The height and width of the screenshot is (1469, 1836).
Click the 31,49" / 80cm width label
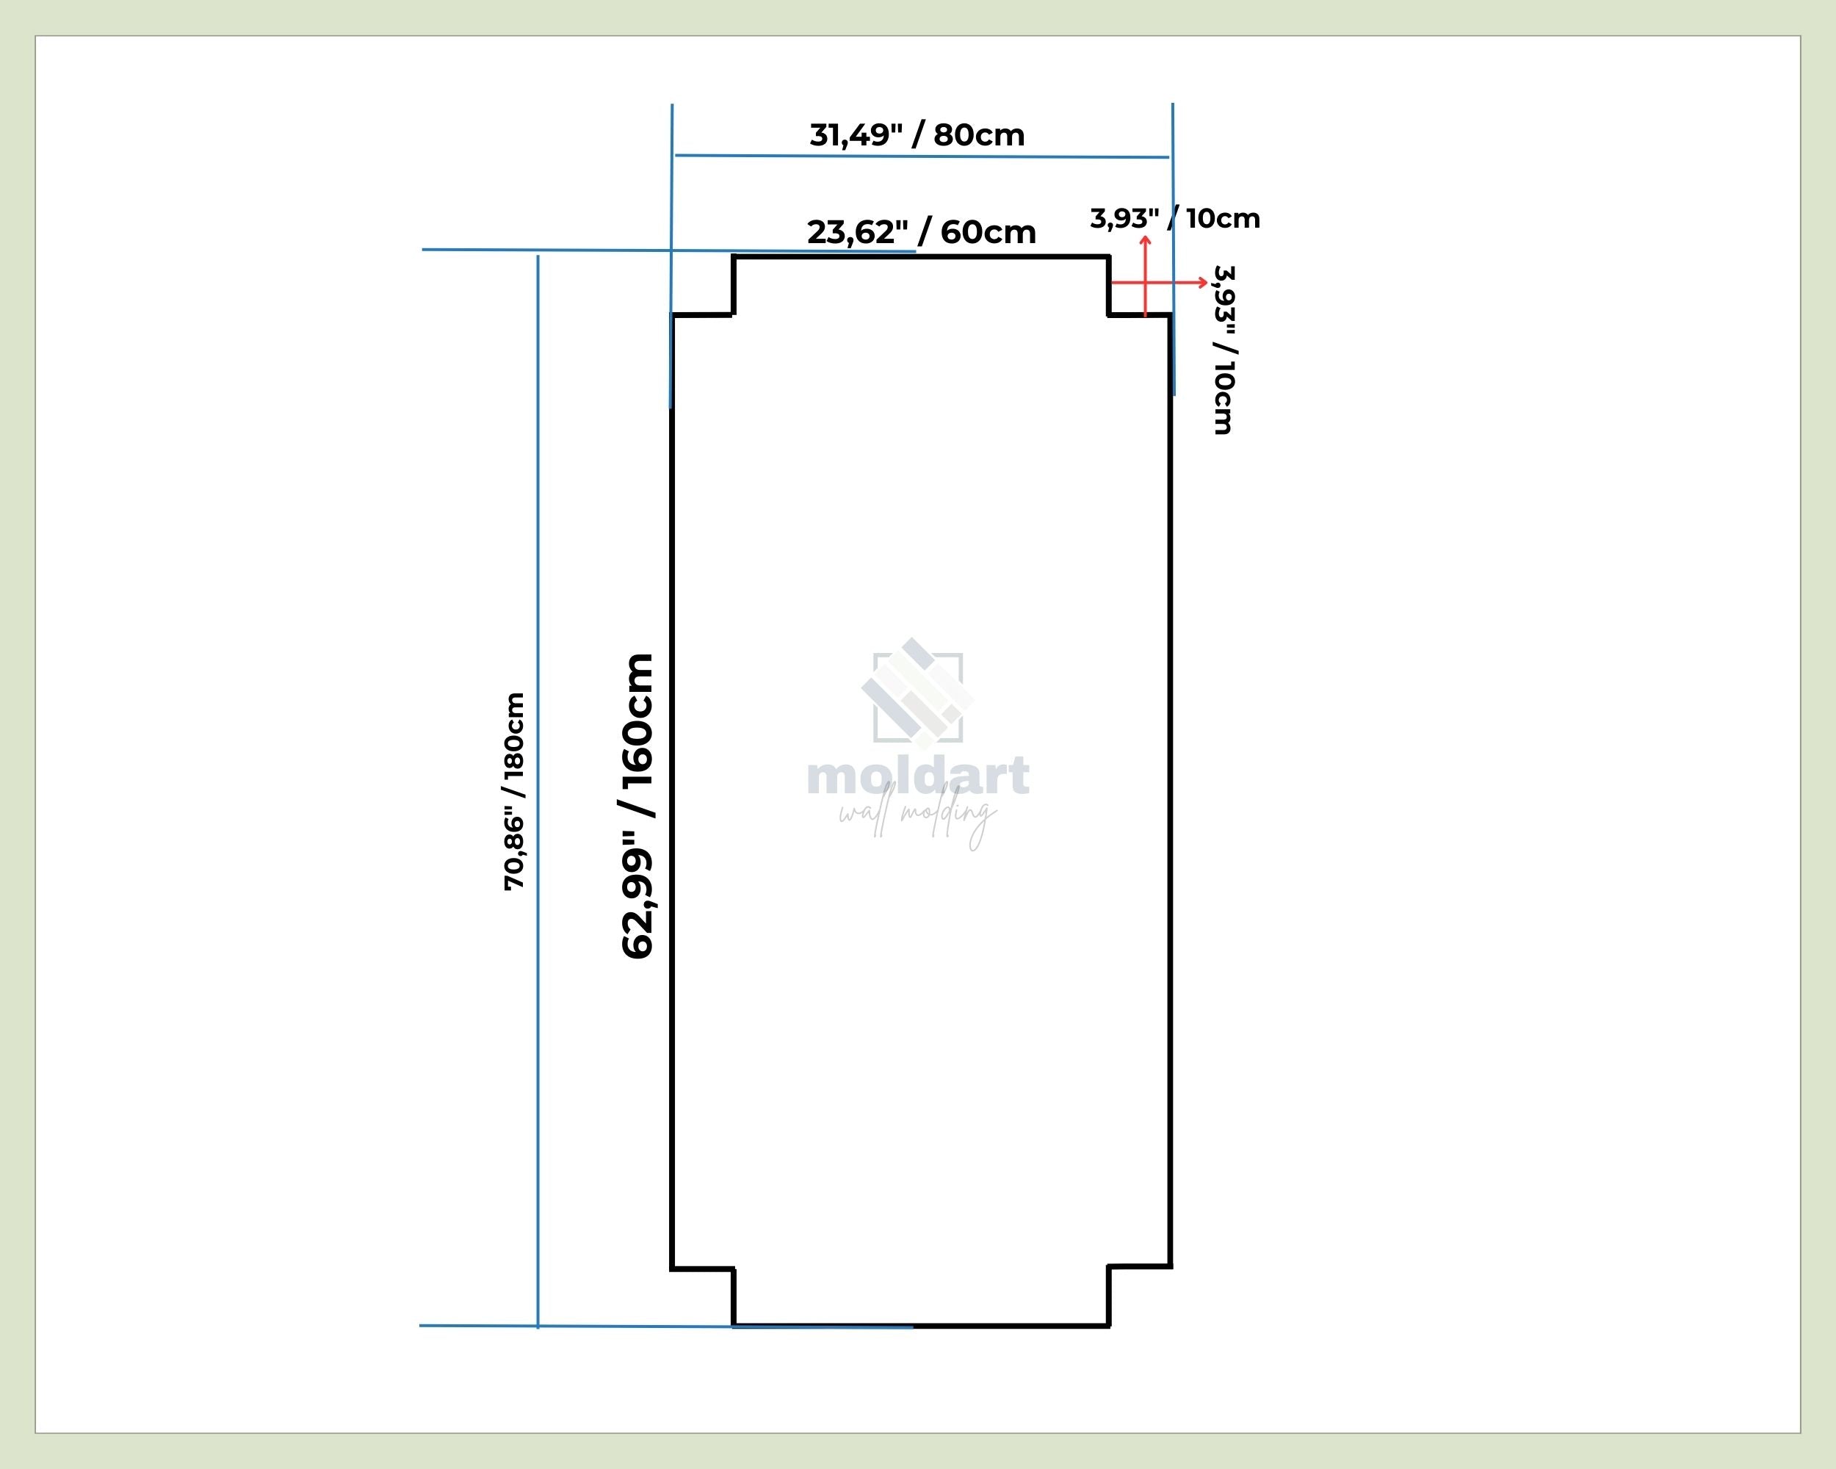click(x=917, y=134)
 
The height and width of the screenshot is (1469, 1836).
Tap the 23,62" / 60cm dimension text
click(x=922, y=231)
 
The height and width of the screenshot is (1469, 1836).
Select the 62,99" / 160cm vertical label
click(x=638, y=806)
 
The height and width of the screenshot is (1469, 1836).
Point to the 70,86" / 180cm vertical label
click(x=514, y=791)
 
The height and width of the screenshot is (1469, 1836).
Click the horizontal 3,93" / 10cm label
click(x=1175, y=218)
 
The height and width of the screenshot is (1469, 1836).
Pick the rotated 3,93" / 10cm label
click(x=1224, y=350)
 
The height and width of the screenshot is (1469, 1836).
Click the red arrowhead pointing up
click(x=1146, y=242)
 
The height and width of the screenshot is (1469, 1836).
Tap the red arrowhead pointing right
click(x=1202, y=283)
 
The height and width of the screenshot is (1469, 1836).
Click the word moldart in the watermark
click(x=918, y=775)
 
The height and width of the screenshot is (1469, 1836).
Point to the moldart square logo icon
click(x=918, y=694)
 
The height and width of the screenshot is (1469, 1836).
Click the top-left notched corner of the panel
click(x=733, y=315)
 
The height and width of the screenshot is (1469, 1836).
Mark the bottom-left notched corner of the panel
click(x=733, y=1269)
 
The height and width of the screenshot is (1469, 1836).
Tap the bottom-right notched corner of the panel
click(x=1109, y=1267)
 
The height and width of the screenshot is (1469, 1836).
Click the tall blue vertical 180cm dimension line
click(x=538, y=791)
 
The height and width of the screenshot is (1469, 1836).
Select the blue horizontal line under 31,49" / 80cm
click(x=922, y=156)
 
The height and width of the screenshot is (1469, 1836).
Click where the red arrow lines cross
click(x=1146, y=283)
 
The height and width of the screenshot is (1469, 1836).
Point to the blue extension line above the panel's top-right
click(x=1174, y=249)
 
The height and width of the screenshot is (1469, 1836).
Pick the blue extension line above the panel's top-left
click(x=672, y=256)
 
